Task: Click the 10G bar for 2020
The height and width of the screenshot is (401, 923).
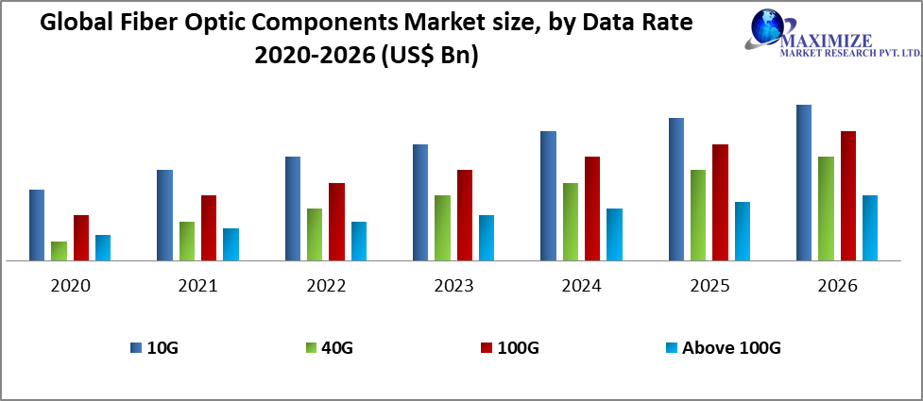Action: point(37,225)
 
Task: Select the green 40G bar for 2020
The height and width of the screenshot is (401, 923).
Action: point(59,250)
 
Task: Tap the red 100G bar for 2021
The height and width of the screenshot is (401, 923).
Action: point(209,227)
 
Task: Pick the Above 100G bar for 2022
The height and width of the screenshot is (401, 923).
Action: point(359,241)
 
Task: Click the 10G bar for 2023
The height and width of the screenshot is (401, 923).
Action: point(420,202)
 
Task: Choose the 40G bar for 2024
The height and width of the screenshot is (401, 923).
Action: point(570,222)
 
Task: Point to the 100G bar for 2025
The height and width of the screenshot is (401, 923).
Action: point(720,202)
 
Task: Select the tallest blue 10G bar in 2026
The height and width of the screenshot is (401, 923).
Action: point(804,182)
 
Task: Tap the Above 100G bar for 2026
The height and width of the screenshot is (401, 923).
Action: point(870,227)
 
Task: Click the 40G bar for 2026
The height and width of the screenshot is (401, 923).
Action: point(827,208)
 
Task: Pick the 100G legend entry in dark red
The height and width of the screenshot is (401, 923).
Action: point(510,348)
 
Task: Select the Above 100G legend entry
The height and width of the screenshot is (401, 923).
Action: point(723,348)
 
